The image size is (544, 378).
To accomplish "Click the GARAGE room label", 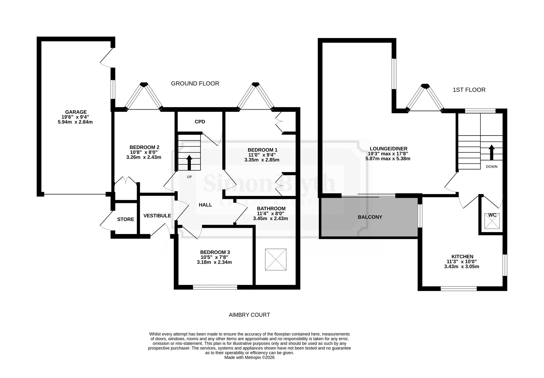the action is pyautogui.click(x=76, y=112).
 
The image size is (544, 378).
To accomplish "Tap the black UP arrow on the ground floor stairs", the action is pyautogui.click(x=189, y=163).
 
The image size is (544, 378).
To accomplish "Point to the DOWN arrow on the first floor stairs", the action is pyautogui.click(x=492, y=152).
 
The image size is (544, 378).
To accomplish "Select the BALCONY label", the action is pyautogui.click(x=370, y=217).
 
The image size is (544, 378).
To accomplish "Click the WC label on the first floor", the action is pyautogui.click(x=492, y=215).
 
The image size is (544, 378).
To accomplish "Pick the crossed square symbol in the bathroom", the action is pyautogui.click(x=276, y=259).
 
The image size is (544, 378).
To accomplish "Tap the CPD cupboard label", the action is pyautogui.click(x=200, y=122).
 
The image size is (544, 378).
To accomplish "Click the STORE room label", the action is pyautogui.click(x=126, y=219).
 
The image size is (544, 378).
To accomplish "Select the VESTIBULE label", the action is pyautogui.click(x=157, y=216).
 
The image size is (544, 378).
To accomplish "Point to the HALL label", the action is pyautogui.click(x=205, y=205).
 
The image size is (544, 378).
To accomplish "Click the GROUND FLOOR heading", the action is pyautogui.click(x=195, y=84).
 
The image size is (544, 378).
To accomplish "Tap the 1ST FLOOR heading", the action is pyautogui.click(x=469, y=90).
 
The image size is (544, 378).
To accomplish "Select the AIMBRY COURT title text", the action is pyautogui.click(x=249, y=315).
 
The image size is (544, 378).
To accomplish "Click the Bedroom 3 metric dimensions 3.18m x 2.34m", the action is pyautogui.click(x=214, y=262).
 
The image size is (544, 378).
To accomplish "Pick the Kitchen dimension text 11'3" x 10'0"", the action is pyautogui.click(x=462, y=261).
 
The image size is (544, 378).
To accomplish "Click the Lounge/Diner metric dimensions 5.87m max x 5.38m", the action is pyautogui.click(x=388, y=159).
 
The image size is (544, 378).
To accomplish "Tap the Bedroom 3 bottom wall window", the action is pyautogui.click(x=215, y=287).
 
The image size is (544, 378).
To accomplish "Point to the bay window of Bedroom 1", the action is pyautogui.click(x=255, y=97).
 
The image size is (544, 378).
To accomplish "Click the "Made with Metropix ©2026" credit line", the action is pyautogui.click(x=249, y=358).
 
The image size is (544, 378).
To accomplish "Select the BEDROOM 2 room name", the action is pyautogui.click(x=144, y=147).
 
